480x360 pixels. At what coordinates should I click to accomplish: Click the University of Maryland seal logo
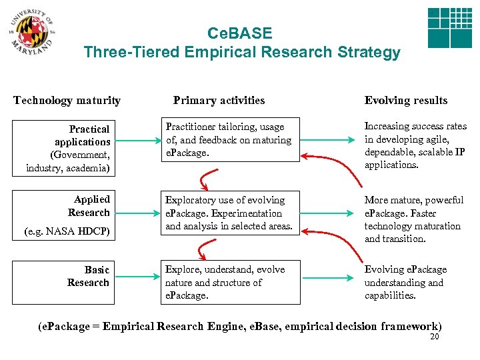pos(32,32)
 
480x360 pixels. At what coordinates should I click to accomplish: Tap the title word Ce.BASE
pos(240,33)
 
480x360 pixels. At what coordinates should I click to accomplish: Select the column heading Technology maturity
pos(67,101)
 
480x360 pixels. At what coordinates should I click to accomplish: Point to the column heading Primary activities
pos(219,101)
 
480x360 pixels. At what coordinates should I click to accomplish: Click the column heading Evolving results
pos(405,101)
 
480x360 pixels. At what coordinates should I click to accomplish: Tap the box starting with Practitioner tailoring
pos(230,140)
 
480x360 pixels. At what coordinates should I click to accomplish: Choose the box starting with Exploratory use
pos(230,213)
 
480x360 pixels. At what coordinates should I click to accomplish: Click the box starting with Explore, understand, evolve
pos(230,283)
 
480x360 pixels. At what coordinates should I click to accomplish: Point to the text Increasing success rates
pos(415,127)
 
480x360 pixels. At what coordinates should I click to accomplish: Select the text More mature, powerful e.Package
pos(413,207)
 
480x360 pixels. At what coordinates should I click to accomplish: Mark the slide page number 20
pos(435,337)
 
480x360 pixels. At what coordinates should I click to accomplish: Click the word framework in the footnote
pos(412,326)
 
